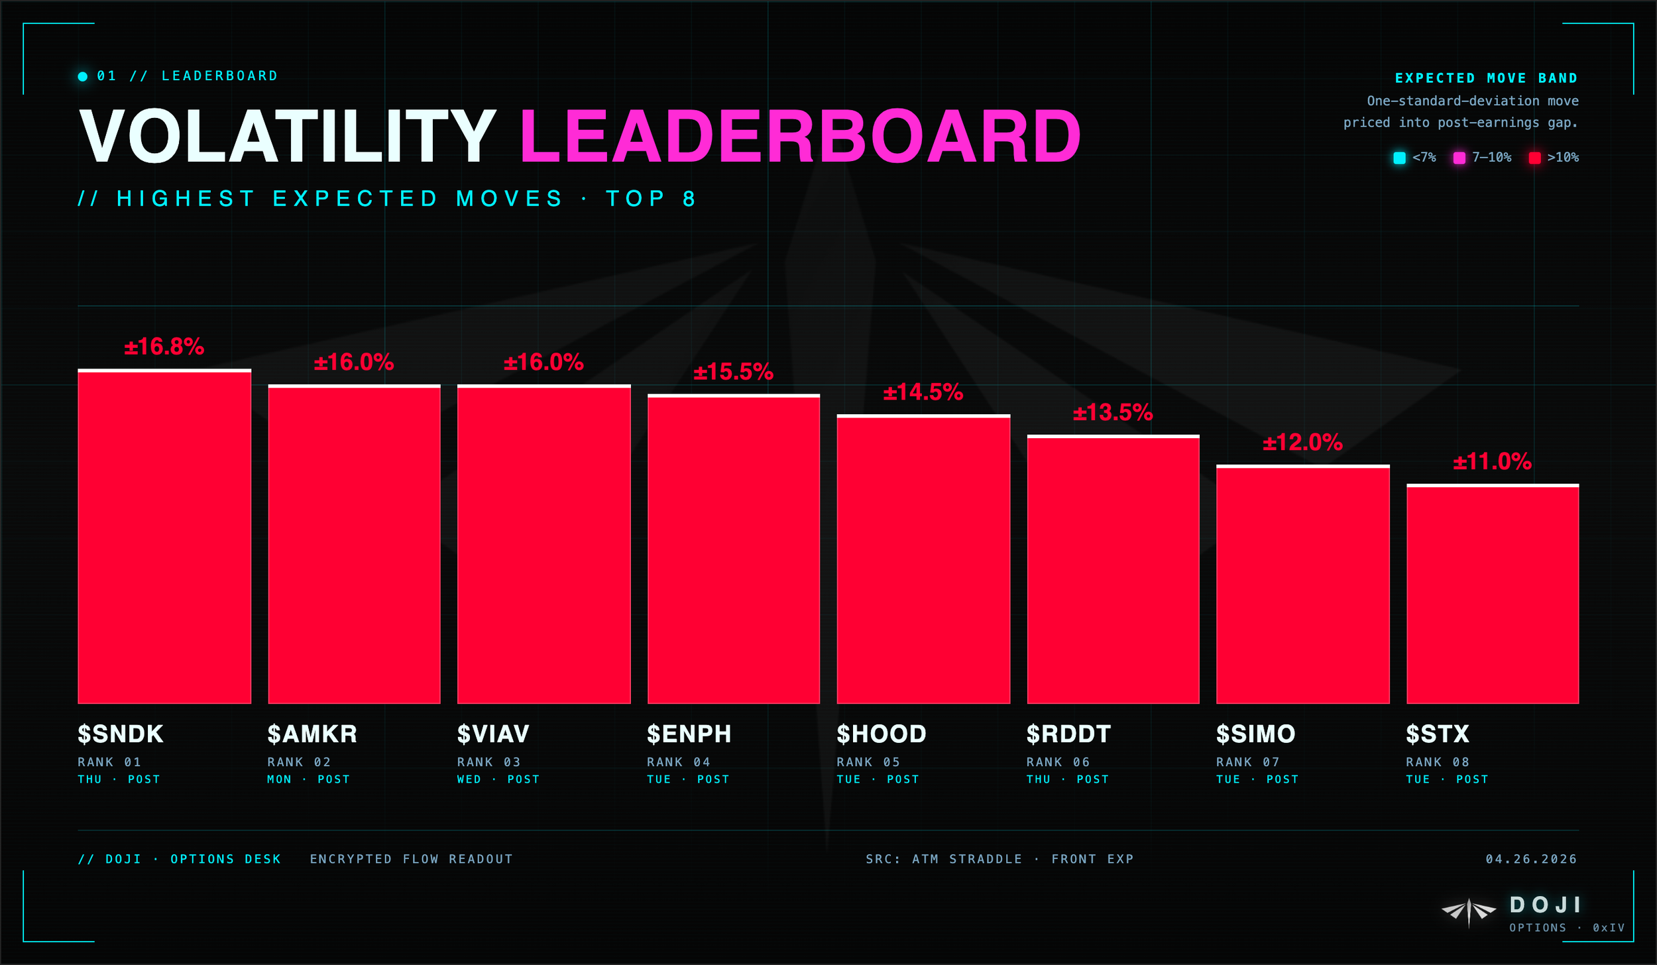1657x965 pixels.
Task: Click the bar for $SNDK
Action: pos(164,537)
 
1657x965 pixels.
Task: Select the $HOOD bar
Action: pos(923,560)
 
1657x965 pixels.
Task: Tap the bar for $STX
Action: pos(1492,595)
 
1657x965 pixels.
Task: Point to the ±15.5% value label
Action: pos(733,372)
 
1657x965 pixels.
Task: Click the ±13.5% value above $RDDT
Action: pos(1113,413)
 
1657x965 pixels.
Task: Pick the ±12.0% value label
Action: pos(1302,443)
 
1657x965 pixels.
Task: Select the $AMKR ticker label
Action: pos(312,734)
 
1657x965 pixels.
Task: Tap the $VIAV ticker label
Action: pos(493,734)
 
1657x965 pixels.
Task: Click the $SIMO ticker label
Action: pos(1255,734)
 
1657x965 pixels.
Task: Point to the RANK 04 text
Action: pos(678,762)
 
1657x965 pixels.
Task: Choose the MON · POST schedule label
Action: pos(308,779)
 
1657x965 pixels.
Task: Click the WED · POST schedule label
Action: pos(498,779)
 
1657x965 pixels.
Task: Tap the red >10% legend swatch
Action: pos(1534,158)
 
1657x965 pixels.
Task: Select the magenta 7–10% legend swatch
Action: pos(1459,158)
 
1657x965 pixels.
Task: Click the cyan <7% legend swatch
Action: pos(1399,158)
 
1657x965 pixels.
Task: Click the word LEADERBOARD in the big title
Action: pos(800,137)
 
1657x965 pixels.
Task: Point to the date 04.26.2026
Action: pos(1531,860)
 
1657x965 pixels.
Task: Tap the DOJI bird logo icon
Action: pos(1469,912)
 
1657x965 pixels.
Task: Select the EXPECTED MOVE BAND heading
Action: pos(1486,78)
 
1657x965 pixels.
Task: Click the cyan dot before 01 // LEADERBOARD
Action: pos(83,76)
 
